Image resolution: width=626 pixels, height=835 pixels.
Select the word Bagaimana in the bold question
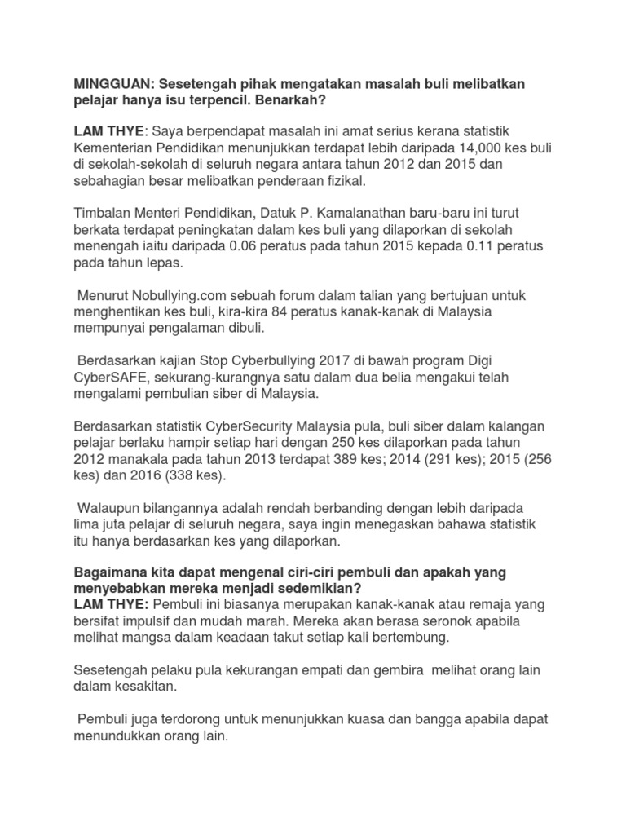109,572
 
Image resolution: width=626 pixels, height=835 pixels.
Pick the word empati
317,671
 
